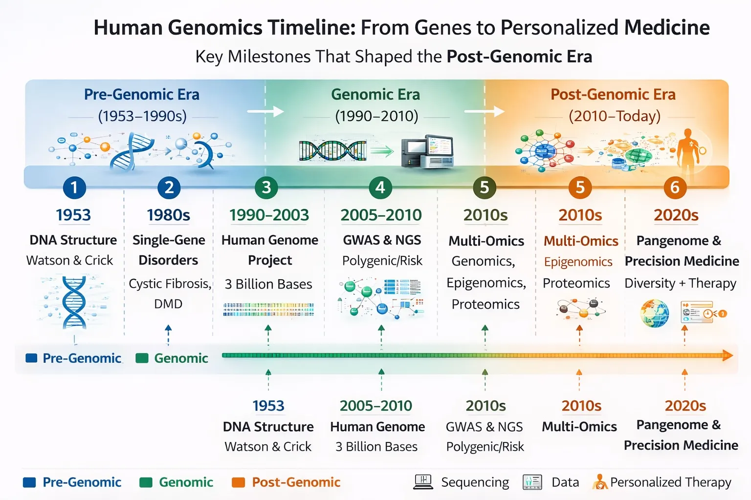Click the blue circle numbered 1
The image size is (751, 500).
pyautogui.click(x=74, y=187)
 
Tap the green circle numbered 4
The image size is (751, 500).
pyautogui.click(x=380, y=187)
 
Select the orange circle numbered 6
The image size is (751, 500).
pyautogui.click(x=675, y=187)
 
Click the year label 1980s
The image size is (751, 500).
pyautogui.click(x=168, y=215)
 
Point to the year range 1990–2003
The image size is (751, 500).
pyautogui.click(x=269, y=215)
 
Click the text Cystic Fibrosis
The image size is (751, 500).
pyautogui.click(x=169, y=284)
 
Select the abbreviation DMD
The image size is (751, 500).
pyautogui.click(x=168, y=304)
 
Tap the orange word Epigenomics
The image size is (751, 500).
pyautogui.click(x=578, y=262)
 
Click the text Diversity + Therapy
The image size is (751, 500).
pyautogui.click(x=680, y=283)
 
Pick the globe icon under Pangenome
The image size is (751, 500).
pyautogui.click(x=655, y=313)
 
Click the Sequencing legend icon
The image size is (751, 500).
pyautogui.click(x=423, y=482)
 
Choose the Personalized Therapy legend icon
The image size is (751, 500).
pyautogui.click(x=599, y=482)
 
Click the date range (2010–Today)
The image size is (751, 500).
pyautogui.click(x=615, y=116)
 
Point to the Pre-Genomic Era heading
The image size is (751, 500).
pyautogui.click(x=142, y=94)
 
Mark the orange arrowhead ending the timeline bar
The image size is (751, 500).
pyautogui.click(x=728, y=355)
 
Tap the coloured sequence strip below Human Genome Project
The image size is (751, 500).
pyautogui.click(x=268, y=310)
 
